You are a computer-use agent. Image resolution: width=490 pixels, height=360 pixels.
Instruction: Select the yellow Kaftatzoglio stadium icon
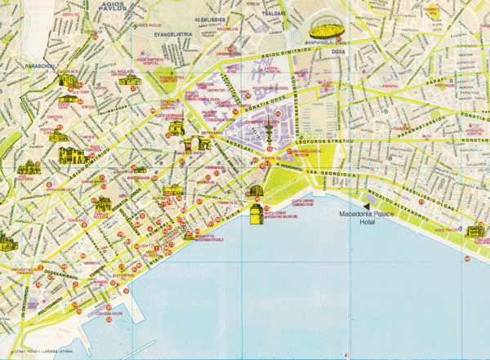coord(326,33)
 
